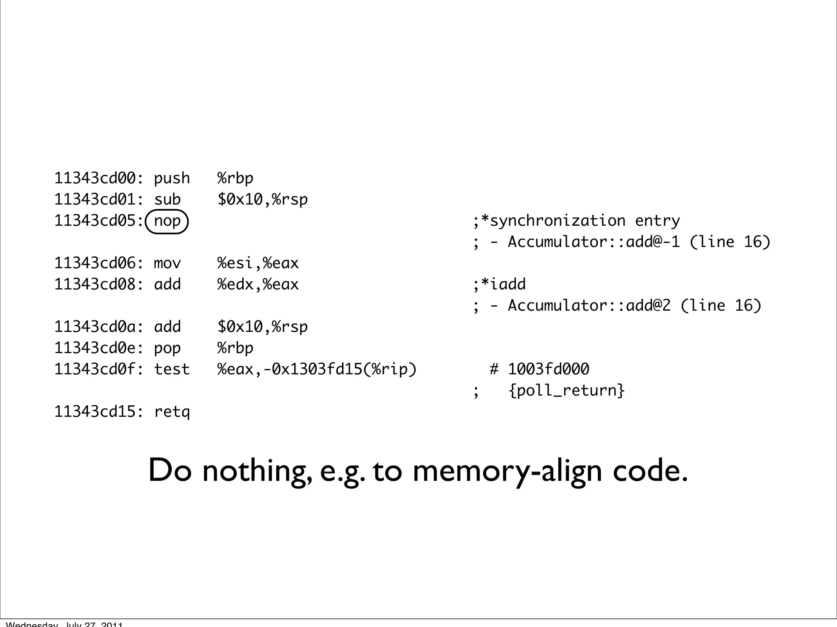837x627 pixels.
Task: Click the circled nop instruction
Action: (x=167, y=221)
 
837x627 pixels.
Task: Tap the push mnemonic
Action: (x=172, y=178)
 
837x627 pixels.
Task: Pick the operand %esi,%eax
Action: (x=258, y=263)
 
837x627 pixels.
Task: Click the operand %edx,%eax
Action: (x=258, y=285)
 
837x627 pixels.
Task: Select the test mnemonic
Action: (x=172, y=369)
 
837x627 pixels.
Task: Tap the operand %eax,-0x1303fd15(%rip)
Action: (x=317, y=369)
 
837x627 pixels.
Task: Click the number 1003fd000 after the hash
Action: (x=548, y=369)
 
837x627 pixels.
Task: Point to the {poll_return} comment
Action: (x=566, y=391)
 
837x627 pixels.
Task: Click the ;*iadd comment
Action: (x=499, y=285)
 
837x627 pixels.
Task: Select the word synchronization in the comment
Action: (x=557, y=221)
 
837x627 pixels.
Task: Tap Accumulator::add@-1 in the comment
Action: (x=593, y=242)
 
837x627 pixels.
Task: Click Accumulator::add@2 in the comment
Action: (x=589, y=306)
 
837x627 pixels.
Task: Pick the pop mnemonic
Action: (x=167, y=348)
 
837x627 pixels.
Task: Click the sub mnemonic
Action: (x=167, y=200)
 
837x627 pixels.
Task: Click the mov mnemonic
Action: (x=167, y=263)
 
